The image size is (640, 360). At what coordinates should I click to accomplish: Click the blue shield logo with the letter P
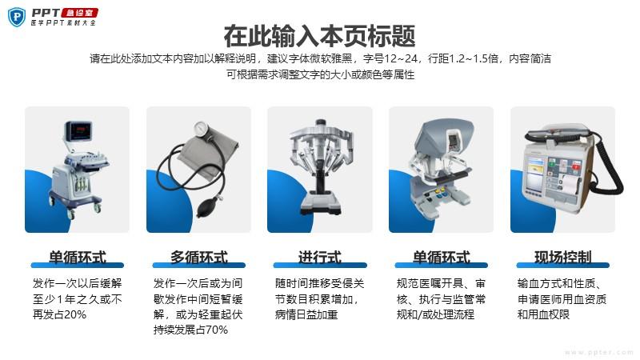point(17,18)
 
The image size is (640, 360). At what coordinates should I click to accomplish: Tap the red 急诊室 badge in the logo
point(79,13)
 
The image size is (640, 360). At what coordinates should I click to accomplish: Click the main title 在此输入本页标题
point(319,36)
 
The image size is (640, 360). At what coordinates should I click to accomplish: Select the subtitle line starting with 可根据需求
point(321,74)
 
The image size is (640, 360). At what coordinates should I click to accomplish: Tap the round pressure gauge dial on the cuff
point(202,129)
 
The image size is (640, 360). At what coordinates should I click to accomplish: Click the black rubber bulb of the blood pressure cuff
point(208,208)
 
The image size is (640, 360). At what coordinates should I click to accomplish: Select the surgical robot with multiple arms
point(321,166)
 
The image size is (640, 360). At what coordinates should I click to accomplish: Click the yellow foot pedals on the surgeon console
point(438,190)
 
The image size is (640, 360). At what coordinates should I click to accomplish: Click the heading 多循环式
point(198,257)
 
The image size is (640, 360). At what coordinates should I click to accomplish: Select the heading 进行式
point(320,257)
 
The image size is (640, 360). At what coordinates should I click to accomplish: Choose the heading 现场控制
point(563,257)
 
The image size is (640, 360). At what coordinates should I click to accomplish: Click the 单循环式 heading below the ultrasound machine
point(77,257)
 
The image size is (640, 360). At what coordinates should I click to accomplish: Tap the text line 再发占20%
point(59,314)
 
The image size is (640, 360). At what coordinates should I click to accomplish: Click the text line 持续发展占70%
point(190,330)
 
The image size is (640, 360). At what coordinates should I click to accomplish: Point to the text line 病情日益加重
point(306,314)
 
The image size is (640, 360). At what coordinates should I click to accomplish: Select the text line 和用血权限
point(543,314)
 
